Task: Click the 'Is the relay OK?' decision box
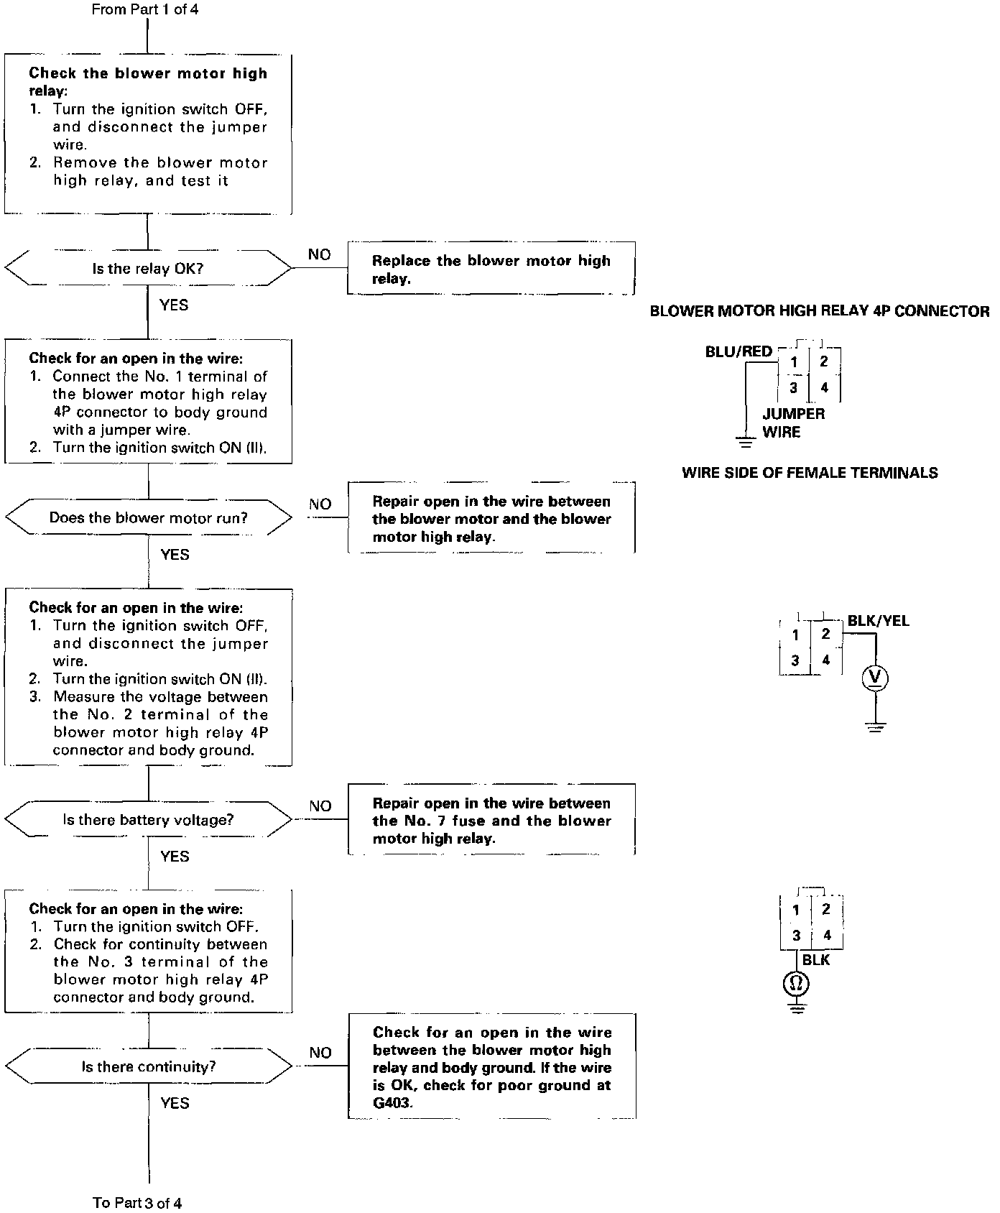click(x=148, y=269)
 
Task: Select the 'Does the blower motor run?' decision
click(x=148, y=518)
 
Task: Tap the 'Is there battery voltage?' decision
click(x=148, y=820)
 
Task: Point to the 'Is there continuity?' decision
click(x=148, y=1067)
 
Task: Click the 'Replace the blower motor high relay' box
click(x=491, y=269)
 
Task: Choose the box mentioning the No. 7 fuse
click(x=491, y=821)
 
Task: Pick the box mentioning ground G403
click(x=492, y=1067)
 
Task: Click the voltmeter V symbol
click(x=875, y=678)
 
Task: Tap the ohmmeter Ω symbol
click(x=796, y=983)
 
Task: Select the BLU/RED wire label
click(x=739, y=352)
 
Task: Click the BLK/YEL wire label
click(x=878, y=621)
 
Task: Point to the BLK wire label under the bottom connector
click(x=815, y=960)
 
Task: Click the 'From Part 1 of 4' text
click(x=145, y=10)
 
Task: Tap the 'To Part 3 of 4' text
click(x=137, y=1202)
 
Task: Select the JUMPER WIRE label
click(x=793, y=423)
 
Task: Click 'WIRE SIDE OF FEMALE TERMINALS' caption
click(x=810, y=473)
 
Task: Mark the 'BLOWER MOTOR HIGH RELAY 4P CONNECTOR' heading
click(x=819, y=311)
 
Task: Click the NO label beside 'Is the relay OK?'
click(x=319, y=255)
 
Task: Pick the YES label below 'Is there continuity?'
click(x=175, y=1103)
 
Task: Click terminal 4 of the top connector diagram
click(x=825, y=388)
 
